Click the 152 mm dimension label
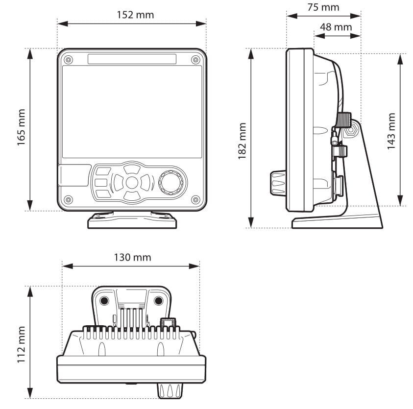(x=135, y=15)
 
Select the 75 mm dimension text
(x=323, y=7)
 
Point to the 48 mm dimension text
(x=336, y=26)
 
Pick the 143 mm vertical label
(x=391, y=131)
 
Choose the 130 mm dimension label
(x=132, y=257)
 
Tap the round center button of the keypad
(x=132, y=183)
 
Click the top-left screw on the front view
(x=68, y=60)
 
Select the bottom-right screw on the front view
(x=195, y=199)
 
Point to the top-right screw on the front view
(x=195, y=60)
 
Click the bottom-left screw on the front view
(x=68, y=199)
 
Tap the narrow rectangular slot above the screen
(x=132, y=59)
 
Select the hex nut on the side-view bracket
(x=351, y=131)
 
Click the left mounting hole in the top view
(x=104, y=300)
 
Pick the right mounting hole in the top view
(x=159, y=300)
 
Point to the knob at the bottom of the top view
(x=169, y=390)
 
